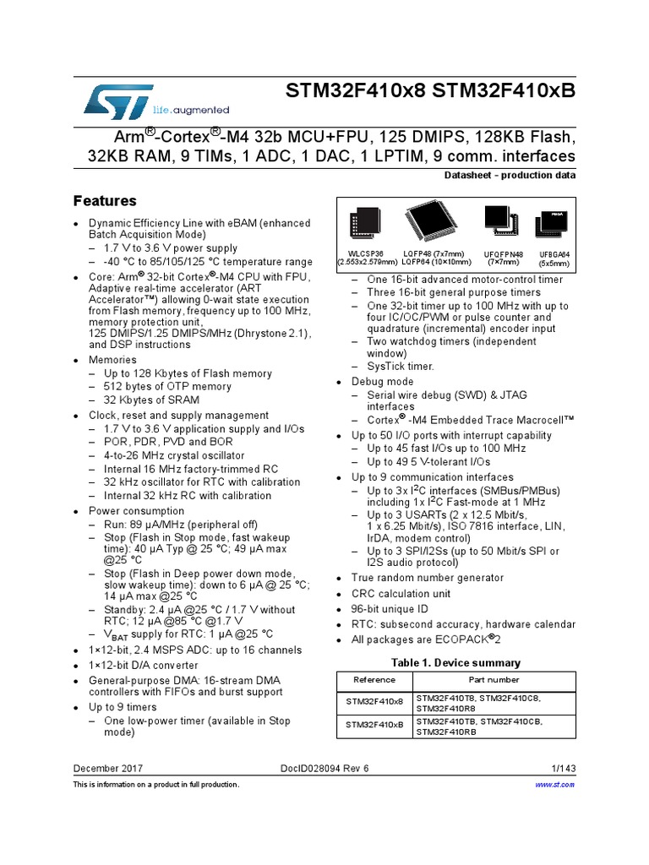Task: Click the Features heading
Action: pos(105,201)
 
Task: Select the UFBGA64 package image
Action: pos(554,226)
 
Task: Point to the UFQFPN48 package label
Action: pos(504,257)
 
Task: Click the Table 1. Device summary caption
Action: pos(455,662)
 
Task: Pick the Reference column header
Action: pos(374,680)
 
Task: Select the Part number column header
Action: pos(494,680)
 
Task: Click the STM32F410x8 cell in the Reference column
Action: pos(374,702)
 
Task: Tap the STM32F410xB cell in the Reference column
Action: pos(374,726)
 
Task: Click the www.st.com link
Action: pos(555,785)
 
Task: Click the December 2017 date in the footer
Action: pos(108,768)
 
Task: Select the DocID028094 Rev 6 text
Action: pos(324,768)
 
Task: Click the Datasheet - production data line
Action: pos(510,175)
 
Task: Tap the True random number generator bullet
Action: pos(427,578)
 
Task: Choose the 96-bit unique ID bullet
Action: pos(390,609)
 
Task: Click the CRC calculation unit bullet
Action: pos(401,593)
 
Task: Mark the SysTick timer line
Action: pos(400,367)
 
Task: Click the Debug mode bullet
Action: pos(383,382)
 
